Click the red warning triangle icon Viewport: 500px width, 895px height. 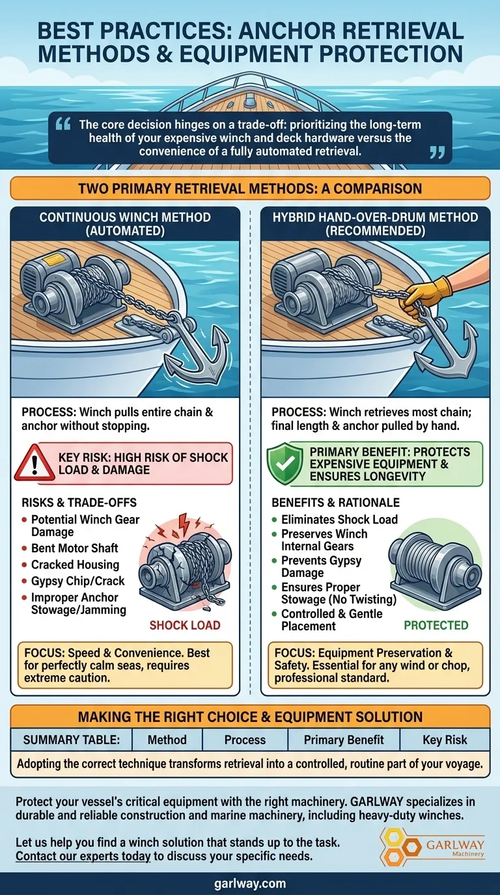tap(34, 464)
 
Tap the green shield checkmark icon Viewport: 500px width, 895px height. tap(285, 464)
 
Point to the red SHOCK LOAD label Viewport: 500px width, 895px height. tap(185, 625)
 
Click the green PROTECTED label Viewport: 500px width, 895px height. tap(436, 625)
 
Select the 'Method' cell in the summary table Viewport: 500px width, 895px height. tap(167, 740)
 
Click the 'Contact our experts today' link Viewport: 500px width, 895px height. tap(83, 856)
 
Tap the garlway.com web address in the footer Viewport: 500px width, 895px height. tap(250, 883)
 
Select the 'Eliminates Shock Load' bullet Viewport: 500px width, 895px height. tap(339, 520)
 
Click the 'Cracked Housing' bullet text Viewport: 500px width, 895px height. tap(75, 565)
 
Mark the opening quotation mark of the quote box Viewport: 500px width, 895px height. tap(62, 124)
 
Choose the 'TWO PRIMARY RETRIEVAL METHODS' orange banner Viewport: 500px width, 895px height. tap(250, 189)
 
